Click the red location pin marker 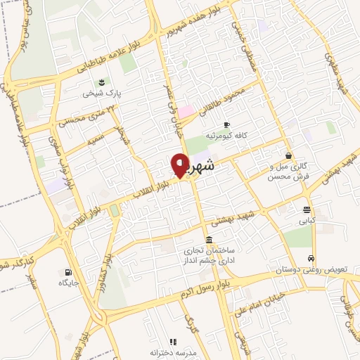(180, 165)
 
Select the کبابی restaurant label (307, 220)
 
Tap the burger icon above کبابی (306, 210)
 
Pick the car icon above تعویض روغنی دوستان (311, 258)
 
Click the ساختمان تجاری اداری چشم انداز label (207, 255)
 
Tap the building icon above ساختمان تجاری (207, 239)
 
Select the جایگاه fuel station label (68, 282)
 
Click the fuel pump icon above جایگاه (67, 271)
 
